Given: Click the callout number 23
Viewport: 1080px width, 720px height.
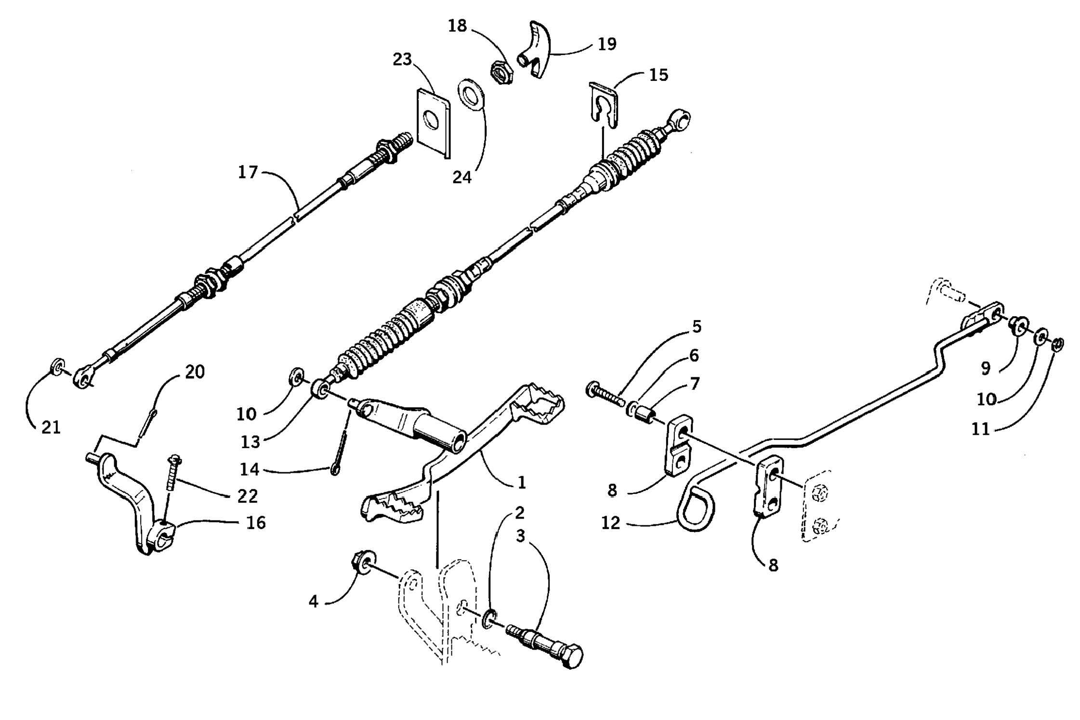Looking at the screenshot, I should pyautogui.click(x=402, y=59).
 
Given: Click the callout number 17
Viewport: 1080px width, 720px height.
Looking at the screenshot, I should pyautogui.click(x=248, y=172).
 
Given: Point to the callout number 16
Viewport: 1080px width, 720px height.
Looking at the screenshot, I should pyautogui.click(x=256, y=522).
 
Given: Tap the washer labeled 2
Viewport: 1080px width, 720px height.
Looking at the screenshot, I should pyautogui.click(x=489, y=618).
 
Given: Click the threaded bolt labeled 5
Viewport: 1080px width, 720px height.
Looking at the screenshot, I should pyautogui.click(x=606, y=394).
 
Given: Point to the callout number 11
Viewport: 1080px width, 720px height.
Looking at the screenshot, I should pyautogui.click(x=980, y=429).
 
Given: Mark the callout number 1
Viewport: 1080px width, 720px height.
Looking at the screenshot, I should pyautogui.click(x=521, y=482).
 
